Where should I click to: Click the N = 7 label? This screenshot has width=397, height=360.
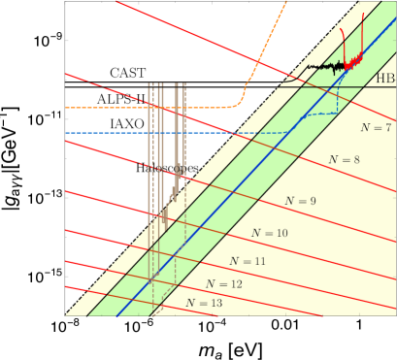375,127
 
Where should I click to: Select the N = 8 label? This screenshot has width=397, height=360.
344,157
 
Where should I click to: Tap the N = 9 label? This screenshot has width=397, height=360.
301,200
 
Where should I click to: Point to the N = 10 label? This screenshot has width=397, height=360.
269,233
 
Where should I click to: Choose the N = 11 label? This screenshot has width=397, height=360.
248,261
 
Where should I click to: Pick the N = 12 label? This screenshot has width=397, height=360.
224,283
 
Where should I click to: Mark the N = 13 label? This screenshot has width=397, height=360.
204,303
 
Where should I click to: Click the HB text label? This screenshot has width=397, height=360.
385,78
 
